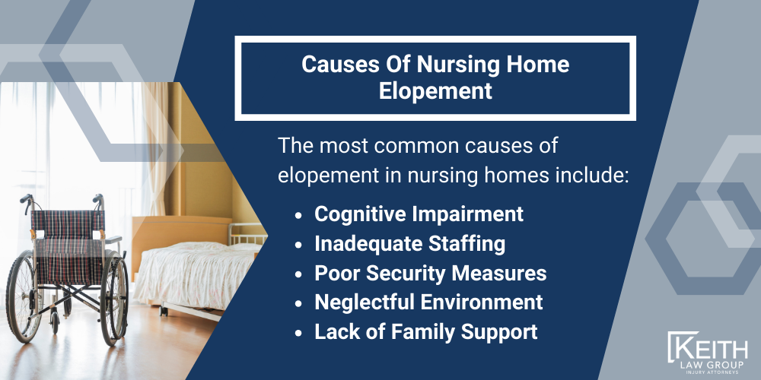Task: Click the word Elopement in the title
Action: click(435, 90)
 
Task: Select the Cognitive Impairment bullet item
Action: click(419, 214)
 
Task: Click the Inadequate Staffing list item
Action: click(410, 244)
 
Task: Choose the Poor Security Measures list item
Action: click(430, 273)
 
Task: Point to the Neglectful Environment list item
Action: click(428, 302)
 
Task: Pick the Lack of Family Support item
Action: click(425, 331)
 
